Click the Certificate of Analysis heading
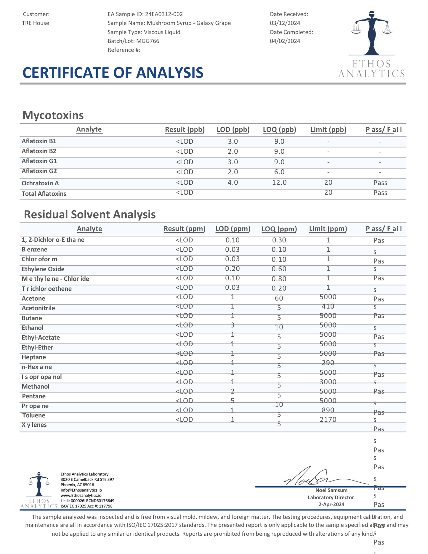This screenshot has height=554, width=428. [113, 73]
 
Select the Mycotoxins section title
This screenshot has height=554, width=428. [53, 115]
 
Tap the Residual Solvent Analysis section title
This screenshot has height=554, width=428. [90, 214]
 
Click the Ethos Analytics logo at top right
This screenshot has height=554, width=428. [371, 44]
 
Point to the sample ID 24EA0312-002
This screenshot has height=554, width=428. [164, 14]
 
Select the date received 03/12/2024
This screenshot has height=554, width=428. [285, 23]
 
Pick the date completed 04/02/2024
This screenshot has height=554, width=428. [285, 41]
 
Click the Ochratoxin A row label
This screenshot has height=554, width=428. [40, 183]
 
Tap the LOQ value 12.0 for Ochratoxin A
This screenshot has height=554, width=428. [279, 182]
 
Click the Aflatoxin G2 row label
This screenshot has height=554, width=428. [39, 171]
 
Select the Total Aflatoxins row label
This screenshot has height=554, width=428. [44, 194]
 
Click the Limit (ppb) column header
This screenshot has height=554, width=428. [328, 129]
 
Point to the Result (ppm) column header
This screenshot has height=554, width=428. [184, 229]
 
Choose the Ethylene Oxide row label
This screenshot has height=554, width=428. [43, 269]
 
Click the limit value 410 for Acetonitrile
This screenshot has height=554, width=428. [328, 306]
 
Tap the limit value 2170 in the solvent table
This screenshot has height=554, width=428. [328, 419]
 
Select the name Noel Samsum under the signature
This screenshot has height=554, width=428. [331, 490]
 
